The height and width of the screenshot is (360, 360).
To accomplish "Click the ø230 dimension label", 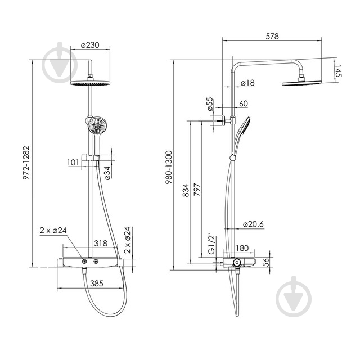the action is (90, 45).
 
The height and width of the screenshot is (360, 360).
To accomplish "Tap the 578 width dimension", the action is (272, 36).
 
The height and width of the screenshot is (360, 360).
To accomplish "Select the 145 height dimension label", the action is (338, 71).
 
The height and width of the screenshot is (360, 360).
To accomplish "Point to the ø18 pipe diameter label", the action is (247, 83).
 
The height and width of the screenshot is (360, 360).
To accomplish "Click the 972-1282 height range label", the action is (26, 163).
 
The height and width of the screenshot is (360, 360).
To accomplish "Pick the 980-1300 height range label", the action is (169, 167).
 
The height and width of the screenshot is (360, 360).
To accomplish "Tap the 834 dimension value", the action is (186, 190).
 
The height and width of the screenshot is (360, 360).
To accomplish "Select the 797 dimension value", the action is (197, 190).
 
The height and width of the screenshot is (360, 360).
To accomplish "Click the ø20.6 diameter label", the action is (253, 224).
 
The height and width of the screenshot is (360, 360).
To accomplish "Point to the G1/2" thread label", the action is (212, 244).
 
